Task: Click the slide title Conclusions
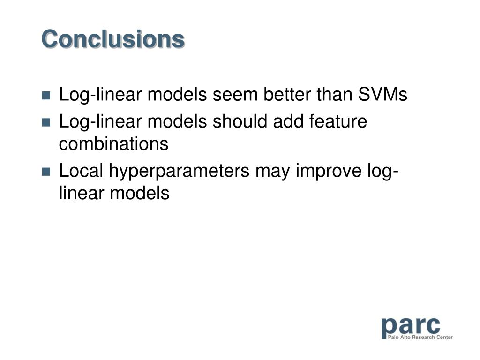pos(113,39)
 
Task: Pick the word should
pos(240,121)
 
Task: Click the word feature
pos(338,121)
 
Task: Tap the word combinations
pos(113,143)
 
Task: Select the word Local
pos(81,171)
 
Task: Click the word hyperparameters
pos(179,172)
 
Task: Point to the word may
pos(272,173)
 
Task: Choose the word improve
pos(329,172)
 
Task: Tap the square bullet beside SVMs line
pos(46,96)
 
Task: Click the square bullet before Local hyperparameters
pos(46,172)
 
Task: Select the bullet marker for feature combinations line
pos(46,122)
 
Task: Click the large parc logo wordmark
pos(411,327)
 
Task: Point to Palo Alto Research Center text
pos(420,337)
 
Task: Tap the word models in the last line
pos(140,193)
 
